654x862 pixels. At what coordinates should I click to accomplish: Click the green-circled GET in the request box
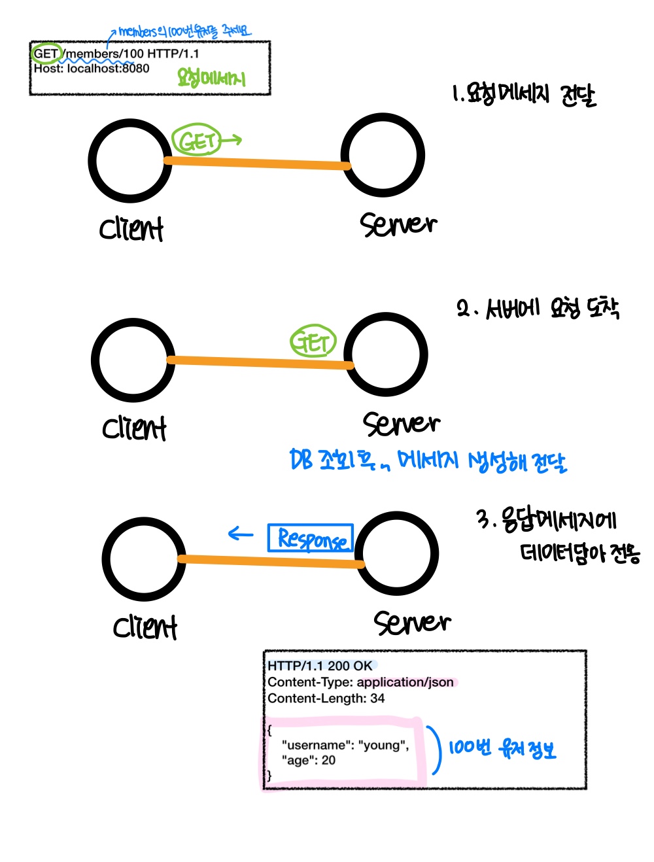tap(46, 53)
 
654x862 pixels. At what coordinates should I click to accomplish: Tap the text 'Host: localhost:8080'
tap(92, 68)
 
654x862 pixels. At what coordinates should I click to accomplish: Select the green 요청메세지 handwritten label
tap(211, 78)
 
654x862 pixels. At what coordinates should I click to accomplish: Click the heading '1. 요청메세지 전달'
tap(524, 95)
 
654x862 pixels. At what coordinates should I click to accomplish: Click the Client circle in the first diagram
tap(130, 161)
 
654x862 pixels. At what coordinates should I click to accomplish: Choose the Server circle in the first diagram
tap(383, 155)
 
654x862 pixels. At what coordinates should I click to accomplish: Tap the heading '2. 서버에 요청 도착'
tap(538, 308)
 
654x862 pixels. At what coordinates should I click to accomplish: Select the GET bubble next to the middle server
tap(313, 341)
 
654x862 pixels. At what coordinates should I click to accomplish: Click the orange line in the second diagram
tap(260, 362)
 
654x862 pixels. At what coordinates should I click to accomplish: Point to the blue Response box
tap(311, 538)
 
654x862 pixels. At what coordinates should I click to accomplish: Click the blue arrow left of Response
tap(240, 534)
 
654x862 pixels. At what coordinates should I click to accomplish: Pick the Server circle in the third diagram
tap(396, 553)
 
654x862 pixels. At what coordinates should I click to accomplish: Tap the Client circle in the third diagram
tap(144, 559)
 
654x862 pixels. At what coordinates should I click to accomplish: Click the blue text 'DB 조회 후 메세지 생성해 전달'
tap(428, 460)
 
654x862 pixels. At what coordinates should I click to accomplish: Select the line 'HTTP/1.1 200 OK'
tap(320, 666)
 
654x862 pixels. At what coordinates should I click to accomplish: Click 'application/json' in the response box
tap(405, 682)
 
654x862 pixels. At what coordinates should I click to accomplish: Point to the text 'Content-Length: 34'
tap(326, 698)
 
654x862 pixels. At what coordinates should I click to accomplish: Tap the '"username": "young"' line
tap(345, 745)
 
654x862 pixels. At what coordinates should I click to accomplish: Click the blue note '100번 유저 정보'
tap(502, 748)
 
